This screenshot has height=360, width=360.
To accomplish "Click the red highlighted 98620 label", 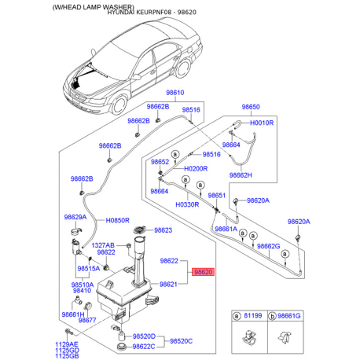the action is pyautogui.click(x=204, y=272).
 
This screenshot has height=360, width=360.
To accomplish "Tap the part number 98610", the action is pyautogui.click(x=175, y=93).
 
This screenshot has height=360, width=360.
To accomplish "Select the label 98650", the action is pyautogui.click(x=251, y=107).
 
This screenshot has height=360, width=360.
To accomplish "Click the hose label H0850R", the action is pyautogui.click(x=117, y=220).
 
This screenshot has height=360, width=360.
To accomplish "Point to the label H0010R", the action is pyautogui.click(x=262, y=123).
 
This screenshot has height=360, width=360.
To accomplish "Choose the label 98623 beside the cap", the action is pyautogui.click(x=163, y=230).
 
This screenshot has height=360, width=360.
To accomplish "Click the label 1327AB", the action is pyautogui.click(x=103, y=245).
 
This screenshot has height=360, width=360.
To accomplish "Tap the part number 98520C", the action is pyautogui.click(x=181, y=341).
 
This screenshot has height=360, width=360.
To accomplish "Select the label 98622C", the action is pyautogui.click(x=144, y=347).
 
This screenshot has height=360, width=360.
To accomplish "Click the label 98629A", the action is pyautogui.click(x=75, y=217).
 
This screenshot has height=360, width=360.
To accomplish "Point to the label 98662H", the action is pyautogui.click(x=241, y=175).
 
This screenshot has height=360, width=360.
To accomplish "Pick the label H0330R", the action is pyautogui.click(x=187, y=204).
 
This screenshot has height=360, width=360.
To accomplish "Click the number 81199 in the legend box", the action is pyautogui.click(x=253, y=315).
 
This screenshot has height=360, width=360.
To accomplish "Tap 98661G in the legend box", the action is pyautogui.click(x=288, y=316).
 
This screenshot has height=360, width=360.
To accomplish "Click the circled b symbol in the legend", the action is pyautogui.click(x=273, y=317).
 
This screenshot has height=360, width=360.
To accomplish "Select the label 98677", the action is pyautogui.click(x=87, y=320).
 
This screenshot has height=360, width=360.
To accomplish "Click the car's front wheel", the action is pyautogui.click(x=119, y=105).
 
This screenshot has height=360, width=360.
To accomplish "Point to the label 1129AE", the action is pyautogui.click(x=67, y=344).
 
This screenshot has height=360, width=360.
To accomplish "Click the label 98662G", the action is pyautogui.click(x=269, y=246).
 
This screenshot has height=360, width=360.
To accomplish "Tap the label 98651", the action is pyautogui.click(x=217, y=196).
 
